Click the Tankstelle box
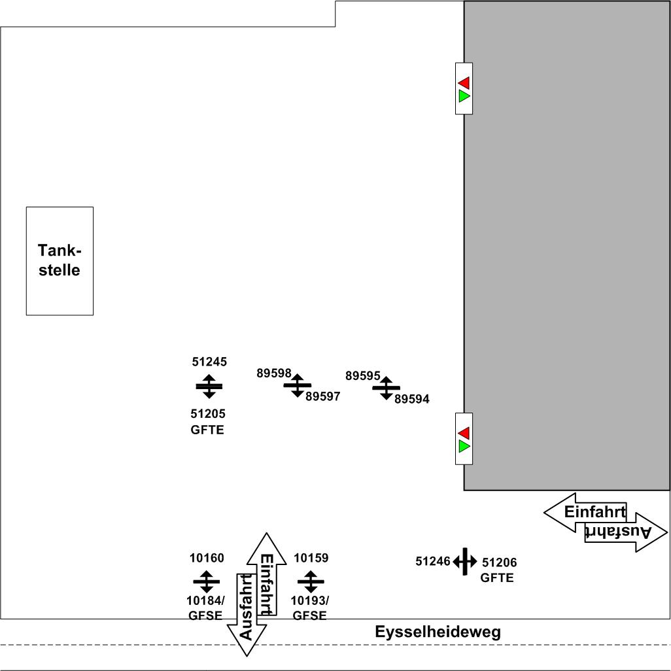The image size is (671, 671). pos(60,261)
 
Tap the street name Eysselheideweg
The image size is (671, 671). pos(438,632)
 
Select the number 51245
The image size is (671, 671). pos(209,361)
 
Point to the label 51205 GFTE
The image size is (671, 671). pos(208,422)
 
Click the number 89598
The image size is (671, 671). pos(273,373)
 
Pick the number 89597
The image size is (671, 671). pos(323,396)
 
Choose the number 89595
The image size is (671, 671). pos(362,376)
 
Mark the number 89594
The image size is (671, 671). pos(412,399)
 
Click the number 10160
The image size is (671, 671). pos(207,558)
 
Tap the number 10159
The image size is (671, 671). pos(311,558)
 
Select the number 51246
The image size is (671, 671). pos(433,561)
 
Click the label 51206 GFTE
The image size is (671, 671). pos(499,570)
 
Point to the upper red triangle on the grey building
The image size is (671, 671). pos(464,82)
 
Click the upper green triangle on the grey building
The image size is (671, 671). pos(464,96)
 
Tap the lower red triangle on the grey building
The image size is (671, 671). pos(464,433)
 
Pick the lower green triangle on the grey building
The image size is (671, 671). pos(464,447)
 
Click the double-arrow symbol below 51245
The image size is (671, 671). pos(209,387)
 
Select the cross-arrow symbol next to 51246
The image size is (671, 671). pos(465,561)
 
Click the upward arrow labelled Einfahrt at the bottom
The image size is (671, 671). pos(267,569)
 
